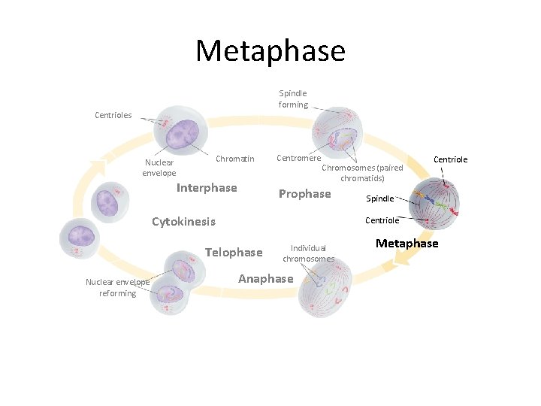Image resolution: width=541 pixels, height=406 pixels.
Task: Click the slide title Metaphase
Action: pos(270,51)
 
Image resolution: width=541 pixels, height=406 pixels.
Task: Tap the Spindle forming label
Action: pos(293,98)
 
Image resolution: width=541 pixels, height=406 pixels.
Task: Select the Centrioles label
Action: pos(113,115)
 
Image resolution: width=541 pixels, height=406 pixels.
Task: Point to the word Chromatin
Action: pos(235,159)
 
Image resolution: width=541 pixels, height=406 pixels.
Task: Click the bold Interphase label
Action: pos(207,188)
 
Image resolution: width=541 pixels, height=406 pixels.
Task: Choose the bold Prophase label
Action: pos(304,194)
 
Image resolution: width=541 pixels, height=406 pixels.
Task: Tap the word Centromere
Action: pos(299,158)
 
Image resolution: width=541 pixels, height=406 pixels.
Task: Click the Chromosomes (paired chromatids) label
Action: pos(362,173)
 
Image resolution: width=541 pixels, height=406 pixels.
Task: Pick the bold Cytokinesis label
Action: pos(183,222)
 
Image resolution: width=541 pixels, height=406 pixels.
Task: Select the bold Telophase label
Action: pos(234,253)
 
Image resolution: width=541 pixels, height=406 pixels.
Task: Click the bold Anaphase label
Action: pos(265,279)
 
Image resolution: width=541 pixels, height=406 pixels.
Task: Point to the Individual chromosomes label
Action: pos(308,253)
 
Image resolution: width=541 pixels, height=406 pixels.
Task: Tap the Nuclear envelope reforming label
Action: pos(117,287)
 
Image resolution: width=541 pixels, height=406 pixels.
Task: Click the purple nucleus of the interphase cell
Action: pos(180,136)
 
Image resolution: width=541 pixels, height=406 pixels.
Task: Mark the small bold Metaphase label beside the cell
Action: pos(407,244)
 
